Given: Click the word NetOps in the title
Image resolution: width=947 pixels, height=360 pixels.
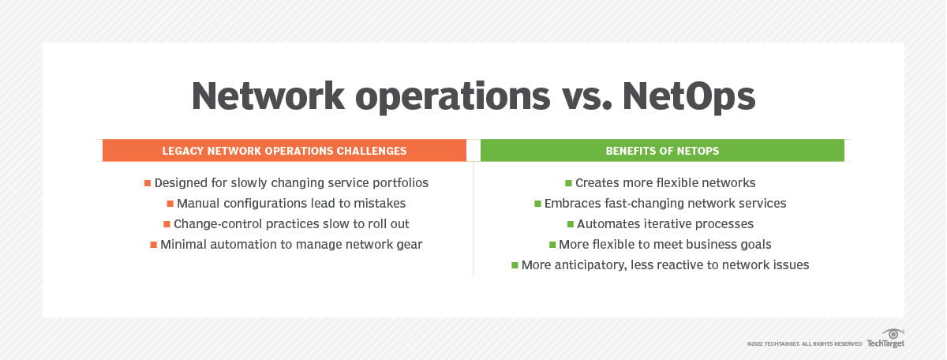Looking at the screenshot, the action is coord(689,97).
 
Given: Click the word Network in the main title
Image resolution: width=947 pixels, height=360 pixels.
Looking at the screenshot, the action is coord(268,96).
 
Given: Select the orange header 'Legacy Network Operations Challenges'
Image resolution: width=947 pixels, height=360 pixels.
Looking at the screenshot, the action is coord(284,151).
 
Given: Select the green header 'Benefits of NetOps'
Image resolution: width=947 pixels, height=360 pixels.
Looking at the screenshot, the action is coord(662,151).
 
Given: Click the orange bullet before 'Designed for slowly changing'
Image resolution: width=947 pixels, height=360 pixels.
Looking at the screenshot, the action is coord(148,183).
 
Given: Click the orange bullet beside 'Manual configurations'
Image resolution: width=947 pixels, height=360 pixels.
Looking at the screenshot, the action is coord(170,204).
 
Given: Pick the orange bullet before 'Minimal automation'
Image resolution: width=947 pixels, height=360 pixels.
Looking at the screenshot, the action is coord(153,245).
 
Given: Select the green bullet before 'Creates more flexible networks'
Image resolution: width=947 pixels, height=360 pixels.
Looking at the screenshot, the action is coord(569,183).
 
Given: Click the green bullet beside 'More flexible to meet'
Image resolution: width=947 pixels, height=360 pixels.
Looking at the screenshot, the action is coord(552,245).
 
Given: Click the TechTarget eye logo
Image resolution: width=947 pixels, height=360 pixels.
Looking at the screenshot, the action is coord(893,334).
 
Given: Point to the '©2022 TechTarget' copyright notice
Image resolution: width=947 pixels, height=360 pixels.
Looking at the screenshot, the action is coord(804,344).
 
